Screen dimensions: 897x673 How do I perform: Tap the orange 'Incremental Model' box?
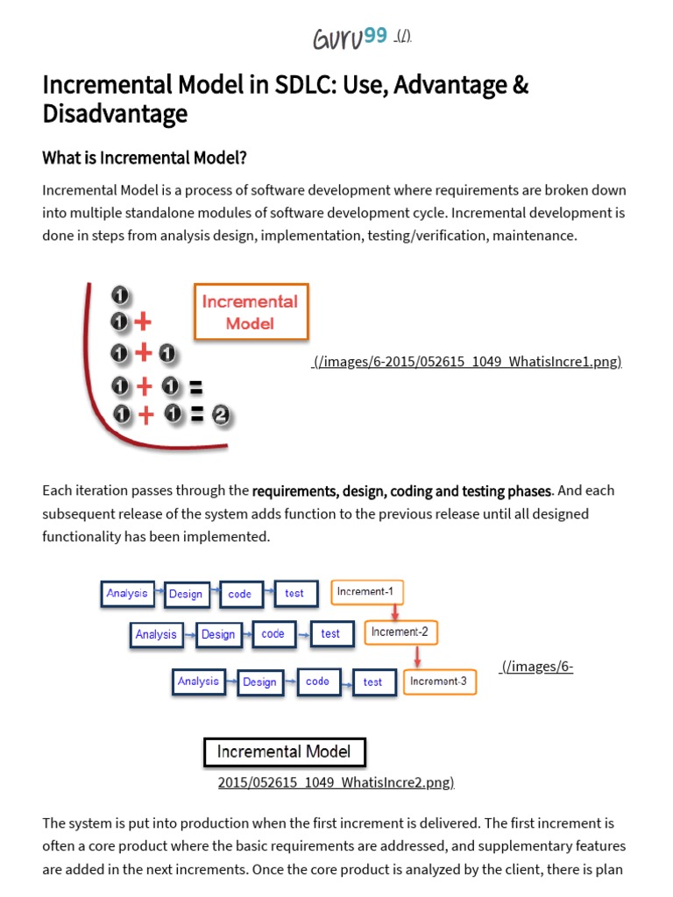tap(251, 311)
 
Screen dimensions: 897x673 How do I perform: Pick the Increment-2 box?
tap(400, 632)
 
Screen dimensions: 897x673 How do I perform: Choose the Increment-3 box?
tap(439, 681)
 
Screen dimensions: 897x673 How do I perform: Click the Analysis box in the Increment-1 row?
tap(127, 593)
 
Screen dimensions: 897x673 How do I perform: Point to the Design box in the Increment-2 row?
tap(218, 634)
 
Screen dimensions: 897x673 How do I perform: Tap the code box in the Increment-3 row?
tap(317, 681)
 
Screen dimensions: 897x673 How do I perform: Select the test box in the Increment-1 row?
tap(294, 593)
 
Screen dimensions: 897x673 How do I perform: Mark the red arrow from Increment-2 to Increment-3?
tap(418, 656)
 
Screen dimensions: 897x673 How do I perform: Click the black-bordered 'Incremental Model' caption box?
tap(284, 752)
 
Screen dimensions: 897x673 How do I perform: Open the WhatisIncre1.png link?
tap(467, 362)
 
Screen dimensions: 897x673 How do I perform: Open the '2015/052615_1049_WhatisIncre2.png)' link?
tap(336, 782)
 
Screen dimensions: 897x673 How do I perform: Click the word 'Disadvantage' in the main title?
tap(115, 114)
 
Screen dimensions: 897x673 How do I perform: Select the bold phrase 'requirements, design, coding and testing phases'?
tap(402, 491)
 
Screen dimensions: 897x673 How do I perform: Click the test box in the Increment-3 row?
tap(372, 682)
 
